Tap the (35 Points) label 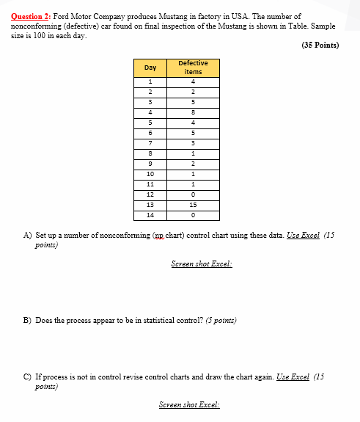click(321, 45)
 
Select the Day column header click(150, 68)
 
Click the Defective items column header click(193, 68)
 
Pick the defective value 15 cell click(193, 205)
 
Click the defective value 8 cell click(193, 112)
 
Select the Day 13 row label click(150, 205)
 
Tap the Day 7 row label click(150, 143)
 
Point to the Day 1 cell click(150, 81)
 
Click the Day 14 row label click(150, 216)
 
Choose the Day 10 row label click(150, 175)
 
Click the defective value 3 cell click(193, 143)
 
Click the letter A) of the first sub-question click(28, 236)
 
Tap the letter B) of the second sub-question click(28, 320)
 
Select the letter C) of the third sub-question click(28, 376)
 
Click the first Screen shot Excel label click(201, 263)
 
